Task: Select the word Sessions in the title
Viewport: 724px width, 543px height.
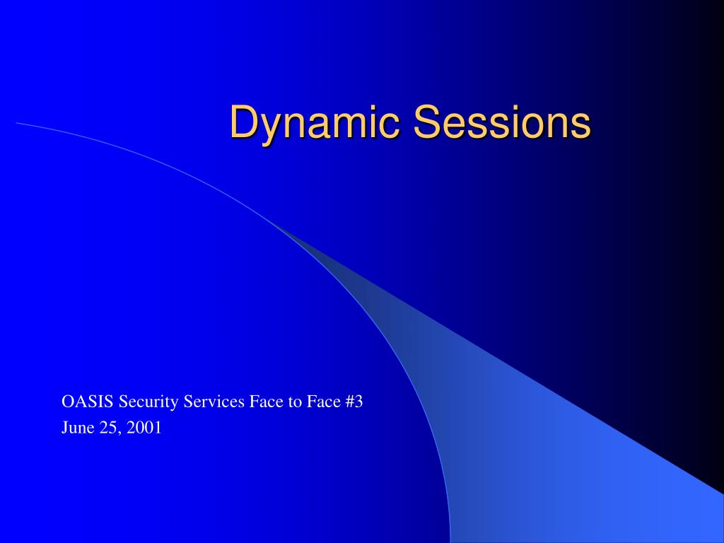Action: (x=502, y=121)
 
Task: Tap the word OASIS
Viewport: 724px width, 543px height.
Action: (x=87, y=402)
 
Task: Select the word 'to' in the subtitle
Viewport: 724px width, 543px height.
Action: (x=295, y=402)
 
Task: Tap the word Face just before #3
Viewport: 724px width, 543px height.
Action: (x=324, y=402)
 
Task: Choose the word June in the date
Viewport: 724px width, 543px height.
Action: (x=78, y=428)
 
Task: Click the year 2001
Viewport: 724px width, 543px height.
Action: (x=144, y=428)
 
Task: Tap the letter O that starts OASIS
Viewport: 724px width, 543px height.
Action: (x=67, y=402)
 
